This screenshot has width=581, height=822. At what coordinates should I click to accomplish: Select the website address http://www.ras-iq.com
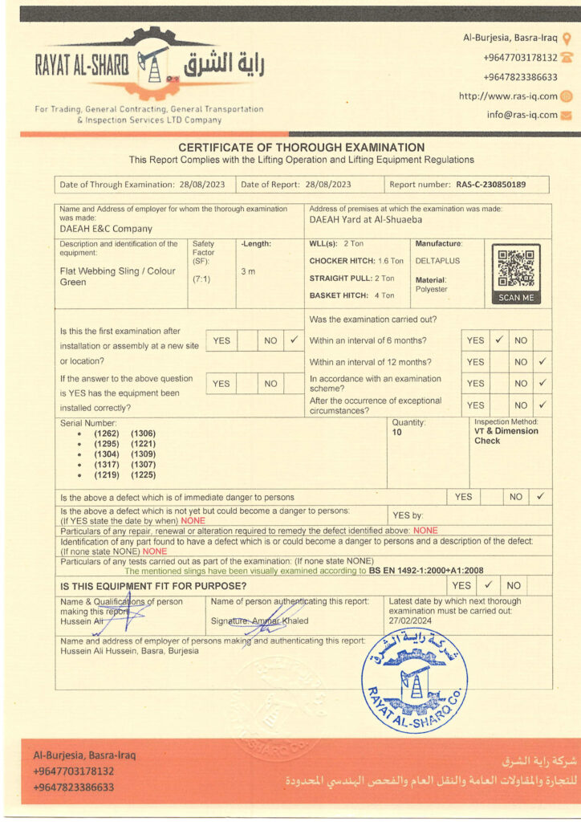(x=507, y=96)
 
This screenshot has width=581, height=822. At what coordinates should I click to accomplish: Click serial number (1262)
(x=106, y=433)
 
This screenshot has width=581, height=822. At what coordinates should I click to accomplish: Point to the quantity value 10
(x=396, y=432)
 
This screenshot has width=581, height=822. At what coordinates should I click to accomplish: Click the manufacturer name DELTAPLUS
(x=435, y=261)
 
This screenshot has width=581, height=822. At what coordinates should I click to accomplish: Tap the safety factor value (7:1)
(x=201, y=279)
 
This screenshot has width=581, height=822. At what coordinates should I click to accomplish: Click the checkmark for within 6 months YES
(x=498, y=340)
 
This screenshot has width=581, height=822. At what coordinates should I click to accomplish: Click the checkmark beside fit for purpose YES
(x=486, y=585)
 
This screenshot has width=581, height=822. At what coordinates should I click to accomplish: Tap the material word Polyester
(x=432, y=289)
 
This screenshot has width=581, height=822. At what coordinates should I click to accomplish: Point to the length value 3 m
(x=248, y=271)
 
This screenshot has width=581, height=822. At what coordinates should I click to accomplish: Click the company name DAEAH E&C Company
(x=105, y=229)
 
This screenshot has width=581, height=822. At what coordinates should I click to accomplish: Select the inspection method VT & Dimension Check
(x=506, y=436)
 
